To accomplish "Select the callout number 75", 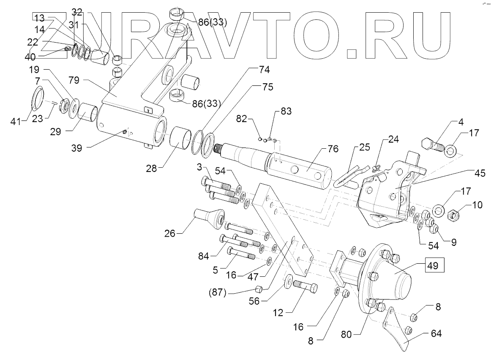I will coord(267,87).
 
